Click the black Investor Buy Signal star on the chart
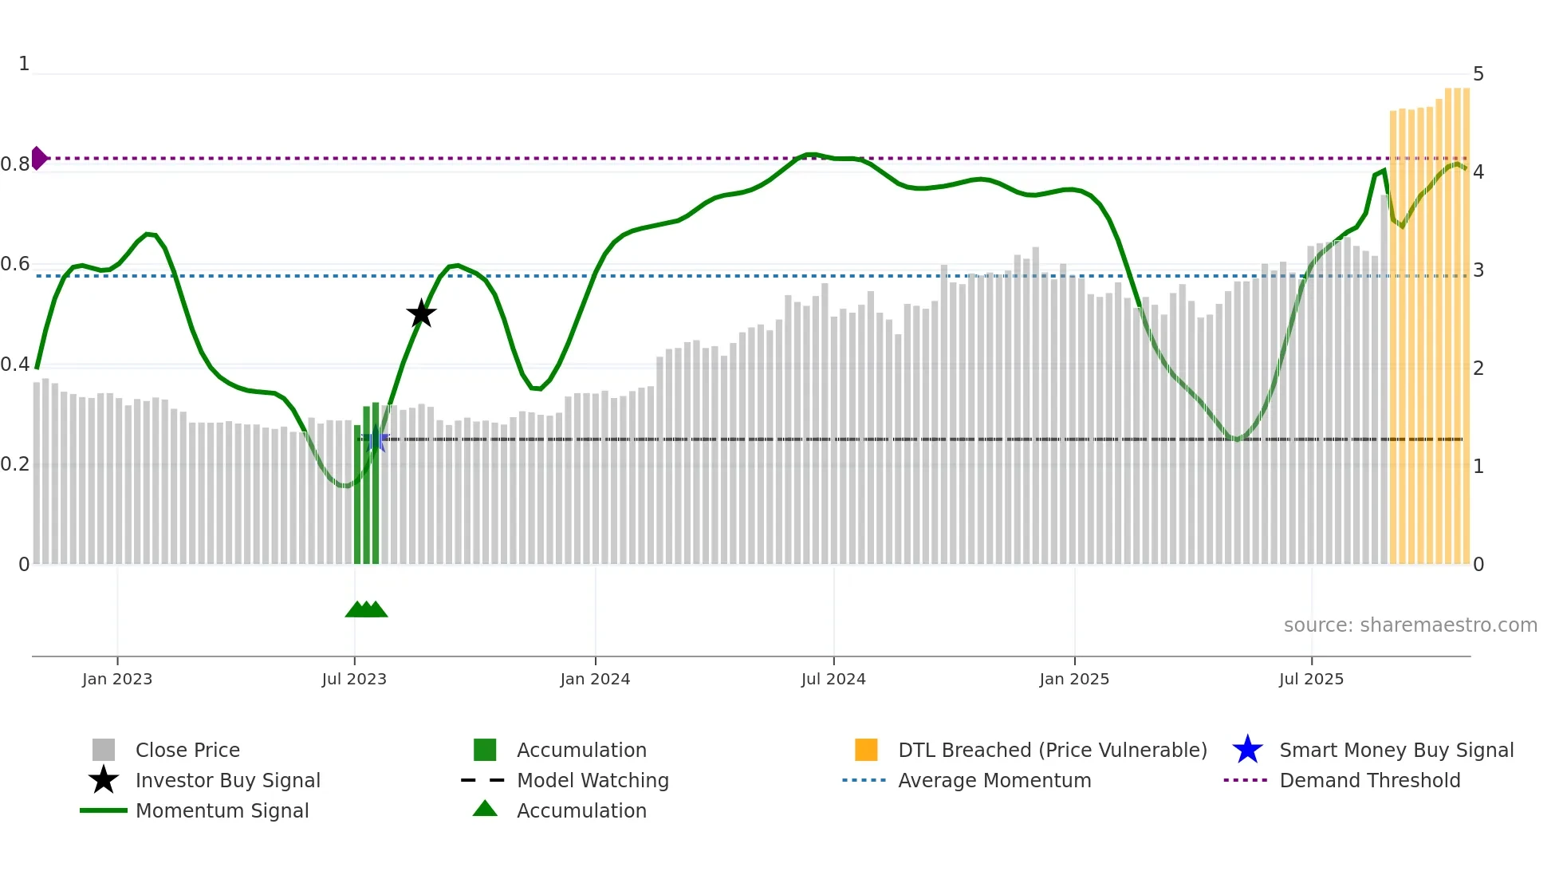tap(421, 313)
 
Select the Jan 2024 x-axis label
tap(595, 680)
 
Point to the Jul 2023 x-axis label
tap(354, 680)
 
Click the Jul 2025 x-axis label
tap(1311, 680)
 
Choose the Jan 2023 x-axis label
tap(117, 680)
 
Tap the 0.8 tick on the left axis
tap(15, 164)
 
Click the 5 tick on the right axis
tap(1478, 74)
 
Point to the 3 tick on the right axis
tap(1478, 270)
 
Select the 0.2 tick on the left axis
tap(15, 464)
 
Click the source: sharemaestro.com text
tap(1410, 625)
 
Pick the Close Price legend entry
tap(187, 751)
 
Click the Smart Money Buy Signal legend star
tap(1247, 750)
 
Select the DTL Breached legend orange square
tap(866, 750)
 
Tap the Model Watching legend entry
tap(593, 781)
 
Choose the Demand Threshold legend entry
tap(1369, 781)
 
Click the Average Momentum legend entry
tap(994, 781)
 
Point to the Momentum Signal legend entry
tap(222, 811)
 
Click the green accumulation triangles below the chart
tap(366, 609)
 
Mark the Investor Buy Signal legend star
tap(104, 780)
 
